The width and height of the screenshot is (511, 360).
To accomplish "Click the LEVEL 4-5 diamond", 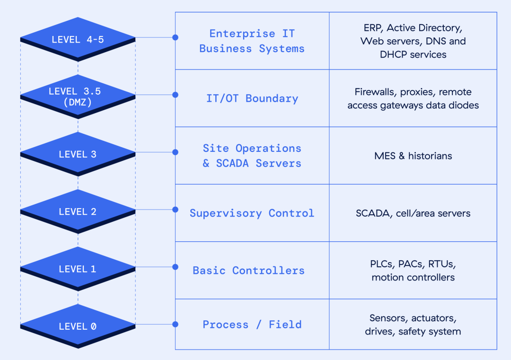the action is point(78,39).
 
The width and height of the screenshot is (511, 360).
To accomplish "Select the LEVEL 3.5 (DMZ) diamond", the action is point(78,97).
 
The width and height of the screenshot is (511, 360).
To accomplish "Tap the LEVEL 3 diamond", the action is point(78,154).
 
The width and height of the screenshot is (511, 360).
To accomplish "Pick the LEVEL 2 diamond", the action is point(78,211).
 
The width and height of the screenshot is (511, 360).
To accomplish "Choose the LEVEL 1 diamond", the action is point(78,268).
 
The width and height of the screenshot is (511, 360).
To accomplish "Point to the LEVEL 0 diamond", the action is point(78,326).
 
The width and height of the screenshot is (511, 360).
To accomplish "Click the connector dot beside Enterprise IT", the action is point(176,37).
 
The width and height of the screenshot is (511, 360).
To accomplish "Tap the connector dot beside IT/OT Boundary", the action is point(176,95).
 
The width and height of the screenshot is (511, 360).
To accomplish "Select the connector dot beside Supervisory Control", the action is point(176,210).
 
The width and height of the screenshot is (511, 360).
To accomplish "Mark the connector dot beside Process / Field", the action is point(176,324).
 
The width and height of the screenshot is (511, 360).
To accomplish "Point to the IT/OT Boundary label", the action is point(252,98).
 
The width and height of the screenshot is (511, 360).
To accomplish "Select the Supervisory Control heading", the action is point(252,213).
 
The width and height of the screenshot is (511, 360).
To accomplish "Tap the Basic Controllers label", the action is point(249,271).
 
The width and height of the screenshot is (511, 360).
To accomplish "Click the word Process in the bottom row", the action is point(226,325).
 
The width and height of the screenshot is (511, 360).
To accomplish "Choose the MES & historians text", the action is point(413,156).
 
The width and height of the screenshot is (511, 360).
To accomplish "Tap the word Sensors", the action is point(389,318).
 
